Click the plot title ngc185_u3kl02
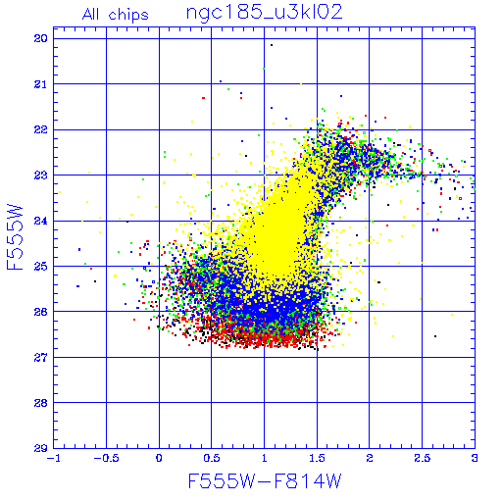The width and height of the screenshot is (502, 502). pyautogui.click(x=264, y=13)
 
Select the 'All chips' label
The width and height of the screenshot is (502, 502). pyautogui.click(x=116, y=15)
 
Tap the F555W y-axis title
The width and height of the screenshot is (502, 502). pyautogui.click(x=15, y=237)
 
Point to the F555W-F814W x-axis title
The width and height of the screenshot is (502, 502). pyautogui.click(x=265, y=481)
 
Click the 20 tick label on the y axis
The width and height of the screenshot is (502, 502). pyautogui.click(x=41, y=38)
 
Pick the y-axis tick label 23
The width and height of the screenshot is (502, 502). pyautogui.click(x=41, y=176)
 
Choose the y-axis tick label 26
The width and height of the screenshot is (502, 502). pyautogui.click(x=41, y=312)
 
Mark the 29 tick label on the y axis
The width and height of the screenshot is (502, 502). pyautogui.click(x=41, y=448)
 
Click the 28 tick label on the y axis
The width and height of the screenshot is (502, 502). pyautogui.click(x=41, y=403)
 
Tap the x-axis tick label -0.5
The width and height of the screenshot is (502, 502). pyautogui.click(x=106, y=458)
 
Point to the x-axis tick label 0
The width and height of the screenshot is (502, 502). pyautogui.click(x=159, y=458)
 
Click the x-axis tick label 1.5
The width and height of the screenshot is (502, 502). pyautogui.click(x=317, y=458)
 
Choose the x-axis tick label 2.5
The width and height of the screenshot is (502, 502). pyautogui.click(x=422, y=458)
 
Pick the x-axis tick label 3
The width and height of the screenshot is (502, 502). pyautogui.click(x=475, y=458)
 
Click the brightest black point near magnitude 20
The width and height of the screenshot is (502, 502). pyautogui.click(x=272, y=45)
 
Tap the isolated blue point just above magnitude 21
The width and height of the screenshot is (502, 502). pyautogui.click(x=221, y=81)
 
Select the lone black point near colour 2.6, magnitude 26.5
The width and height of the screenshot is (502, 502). pyautogui.click(x=435, y=336)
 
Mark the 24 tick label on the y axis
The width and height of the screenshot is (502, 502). pyautogui.click(x=41, y=221)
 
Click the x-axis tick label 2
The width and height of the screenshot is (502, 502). pyautogui.click(x=370, y=458)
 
